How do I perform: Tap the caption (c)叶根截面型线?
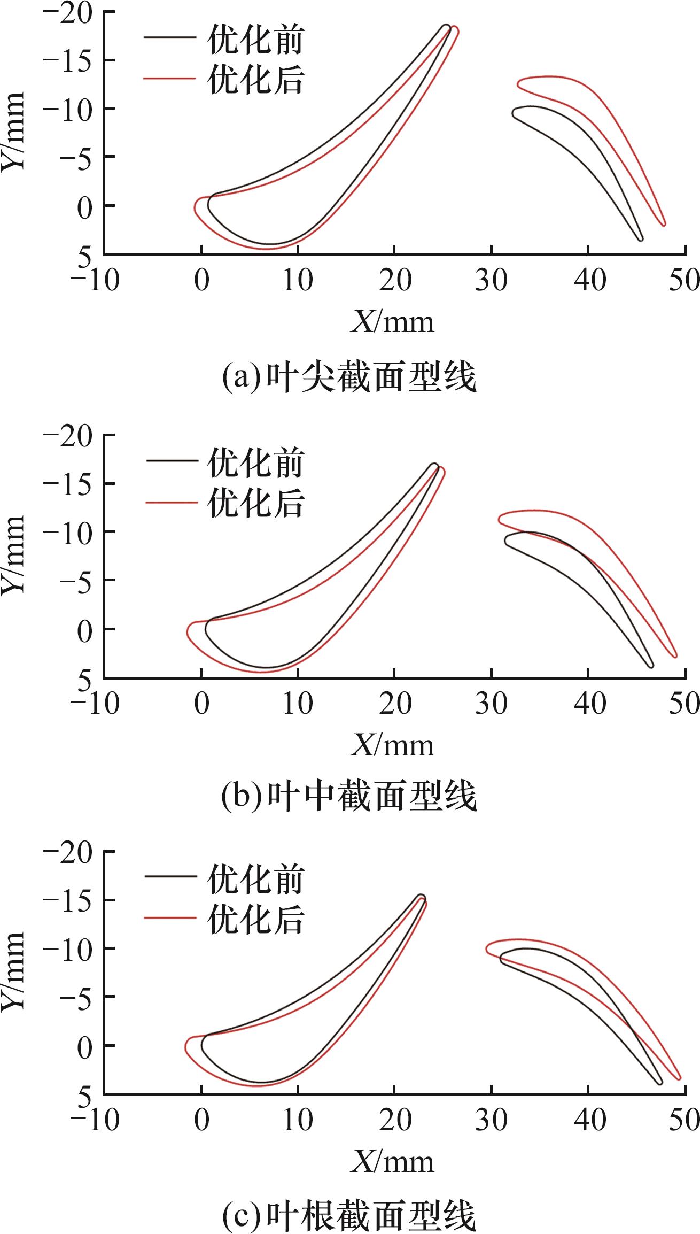pyautogui.click(x=348, y=1214)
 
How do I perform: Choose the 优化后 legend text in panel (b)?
pyautogui.click(x=255, y=502)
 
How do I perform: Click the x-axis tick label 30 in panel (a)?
pyautogui.click(x=491, y=280)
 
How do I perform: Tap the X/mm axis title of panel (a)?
pyautogui.click(x=392, y=322)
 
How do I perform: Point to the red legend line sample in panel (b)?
pyautogui.click(x=170, y=502)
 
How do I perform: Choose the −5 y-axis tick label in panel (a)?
pyautogui.click(x=73, y=157)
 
